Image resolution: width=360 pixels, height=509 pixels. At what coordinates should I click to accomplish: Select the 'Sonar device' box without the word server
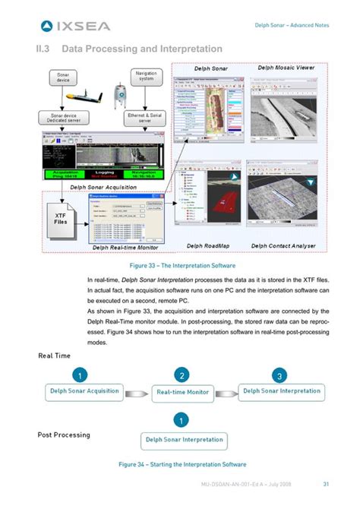[62, 78]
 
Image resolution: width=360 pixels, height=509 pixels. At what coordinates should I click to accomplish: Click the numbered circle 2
[182, 375]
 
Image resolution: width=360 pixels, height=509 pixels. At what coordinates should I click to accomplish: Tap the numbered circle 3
[280, 375]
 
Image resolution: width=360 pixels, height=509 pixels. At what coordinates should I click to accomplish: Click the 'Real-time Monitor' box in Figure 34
[182, 392]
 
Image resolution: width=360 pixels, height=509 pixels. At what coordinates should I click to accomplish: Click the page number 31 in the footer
[325, 484]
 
